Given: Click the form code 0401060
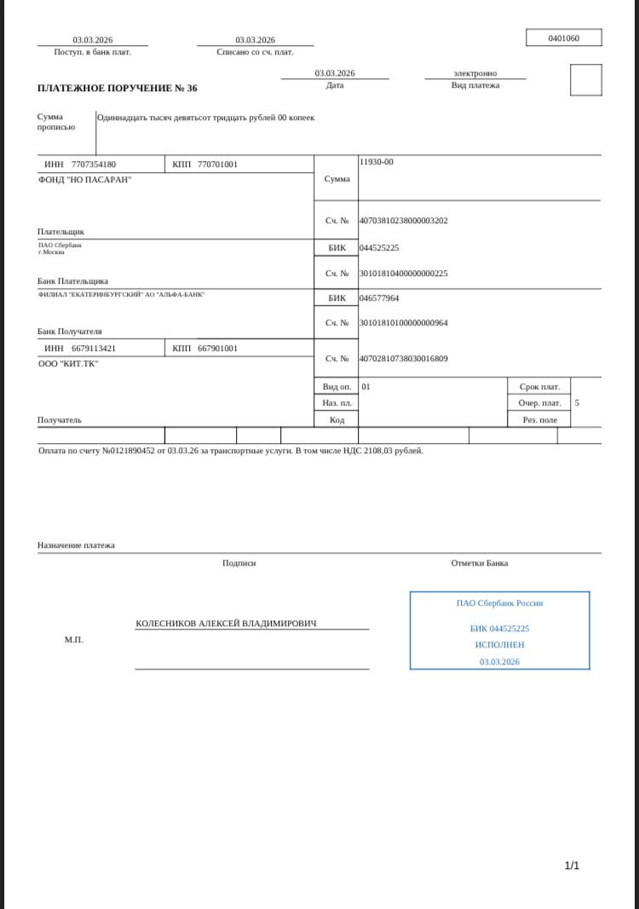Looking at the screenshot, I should coord(563,38).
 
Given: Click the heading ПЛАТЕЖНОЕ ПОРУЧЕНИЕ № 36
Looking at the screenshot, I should coord(118,89).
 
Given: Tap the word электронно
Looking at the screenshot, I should coord(475,73).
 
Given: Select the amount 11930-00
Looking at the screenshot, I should coord(377,162).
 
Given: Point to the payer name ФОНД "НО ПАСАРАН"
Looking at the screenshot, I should coord(85,180).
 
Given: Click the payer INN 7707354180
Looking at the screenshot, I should coord(94,164).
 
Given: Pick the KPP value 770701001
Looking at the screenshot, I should coord(217,164).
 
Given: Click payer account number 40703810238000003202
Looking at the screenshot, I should coord(403,221).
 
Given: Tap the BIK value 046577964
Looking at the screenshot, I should coord(379,298).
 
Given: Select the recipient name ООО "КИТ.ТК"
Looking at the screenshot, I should coord(68,364).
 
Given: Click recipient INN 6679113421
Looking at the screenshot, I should coord(94,348).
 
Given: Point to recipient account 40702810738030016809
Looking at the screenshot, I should coord(403,359).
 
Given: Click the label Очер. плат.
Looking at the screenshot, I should coord(539,403).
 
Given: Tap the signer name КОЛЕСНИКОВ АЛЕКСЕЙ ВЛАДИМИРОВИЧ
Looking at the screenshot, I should coord(226,624).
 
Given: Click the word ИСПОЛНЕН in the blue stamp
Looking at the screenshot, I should coord(499,645).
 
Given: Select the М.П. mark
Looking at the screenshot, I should coord(74,639).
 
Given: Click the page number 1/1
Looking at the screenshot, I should coord(572,866).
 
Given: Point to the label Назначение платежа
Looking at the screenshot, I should coord(76,545).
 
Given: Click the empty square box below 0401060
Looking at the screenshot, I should coord(585,80).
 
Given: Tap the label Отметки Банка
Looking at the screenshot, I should coord(480,563).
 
